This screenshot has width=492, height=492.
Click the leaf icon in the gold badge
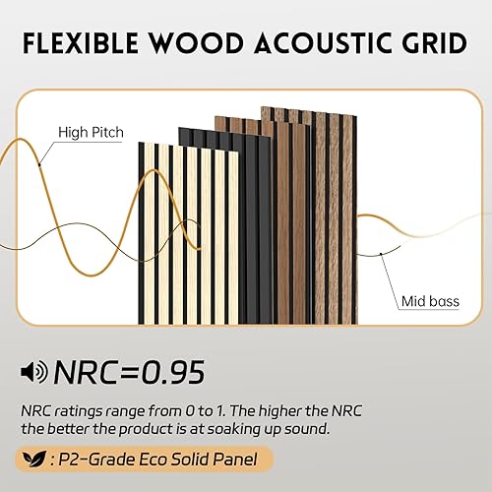pyautogui.click(x=36, y=459)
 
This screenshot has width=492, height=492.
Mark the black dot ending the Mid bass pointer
pyautogui.click(x=382, y=254)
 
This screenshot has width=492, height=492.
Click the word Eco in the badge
pyautogui.click(x=156, y=459)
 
